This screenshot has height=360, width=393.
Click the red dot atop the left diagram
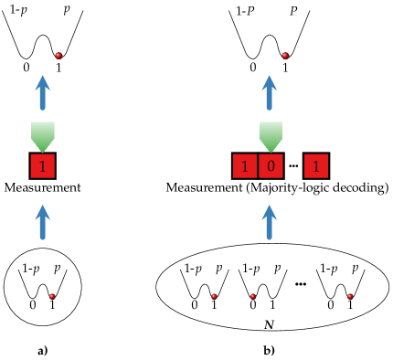pos(58,56)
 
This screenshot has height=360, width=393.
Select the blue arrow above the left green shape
pos(42,93)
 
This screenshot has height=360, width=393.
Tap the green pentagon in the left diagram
pos(43,134)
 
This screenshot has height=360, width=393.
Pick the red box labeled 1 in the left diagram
pos(42,166)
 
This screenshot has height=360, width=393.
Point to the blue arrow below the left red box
pos(42,222)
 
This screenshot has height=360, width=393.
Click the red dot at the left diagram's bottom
pos(52,296)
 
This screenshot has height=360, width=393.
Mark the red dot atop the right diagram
pos(285,56)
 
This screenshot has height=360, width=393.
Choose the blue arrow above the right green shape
pos(269,93)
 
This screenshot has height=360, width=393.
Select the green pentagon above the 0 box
pos(271,134)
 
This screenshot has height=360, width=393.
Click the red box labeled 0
pos(271,166)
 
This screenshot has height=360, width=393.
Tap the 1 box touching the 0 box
pos(245,166)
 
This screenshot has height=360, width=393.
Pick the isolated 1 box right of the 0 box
pos(316,166)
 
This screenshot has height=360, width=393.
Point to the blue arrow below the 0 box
pos(269,222)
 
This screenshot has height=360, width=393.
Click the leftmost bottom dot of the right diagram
pos(214,296)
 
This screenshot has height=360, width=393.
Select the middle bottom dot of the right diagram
pos(253,296)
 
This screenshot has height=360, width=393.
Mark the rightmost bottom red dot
pos(350,296)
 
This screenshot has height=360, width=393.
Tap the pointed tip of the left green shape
pos(43,151)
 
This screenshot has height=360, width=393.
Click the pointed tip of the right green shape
pos(271,151)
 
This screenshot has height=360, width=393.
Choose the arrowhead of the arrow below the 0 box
pos(269,210)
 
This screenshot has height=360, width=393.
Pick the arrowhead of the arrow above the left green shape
pos(42,81)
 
